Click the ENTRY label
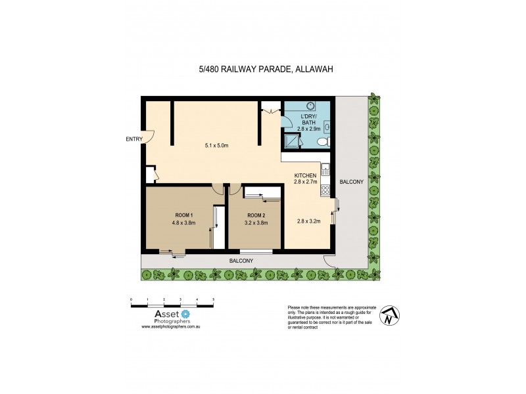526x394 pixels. tap(134, 139)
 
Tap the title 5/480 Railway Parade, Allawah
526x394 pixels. tap(263, 68)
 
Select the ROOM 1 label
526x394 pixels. tap(183, 215)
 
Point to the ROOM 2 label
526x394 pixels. tap(256, 215)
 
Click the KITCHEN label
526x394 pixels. tap(305, 175)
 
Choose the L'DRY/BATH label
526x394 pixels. tap(308, 120)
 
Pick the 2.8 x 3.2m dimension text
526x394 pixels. tap(308, 221)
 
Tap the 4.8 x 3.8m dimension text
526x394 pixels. tap(183, 223)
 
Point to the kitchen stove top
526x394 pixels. tap(324, 190)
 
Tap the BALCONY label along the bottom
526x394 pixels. tap(241, 261)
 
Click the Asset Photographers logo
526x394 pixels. tap(167, 317)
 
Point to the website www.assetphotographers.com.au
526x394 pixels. tap(170, 326)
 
